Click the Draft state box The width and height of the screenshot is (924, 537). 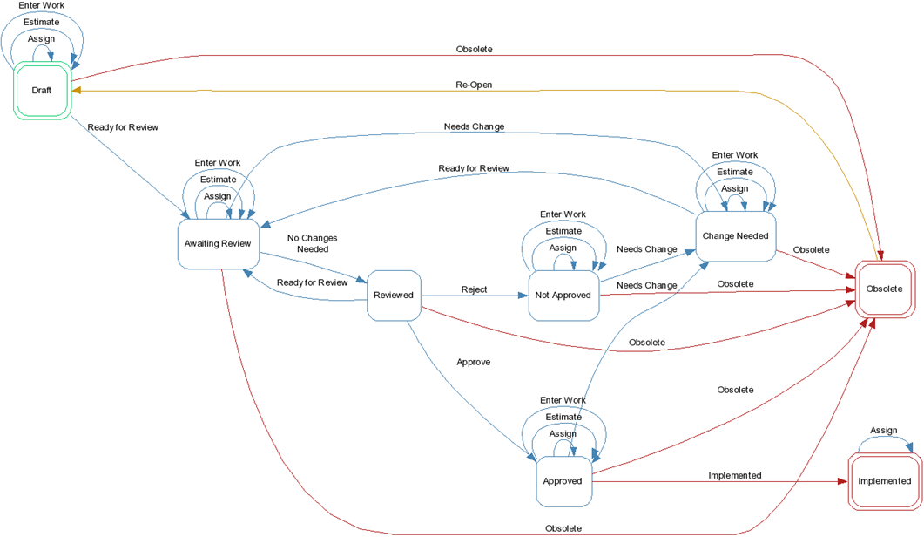pos(42,91)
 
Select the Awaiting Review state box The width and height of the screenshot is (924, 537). pos(218,243)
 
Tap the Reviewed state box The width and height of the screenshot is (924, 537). pos(394,296)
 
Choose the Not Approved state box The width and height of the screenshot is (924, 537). pos(563,296)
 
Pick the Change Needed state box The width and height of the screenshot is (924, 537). pos(735,236)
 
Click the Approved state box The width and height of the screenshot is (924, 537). pos(563,480)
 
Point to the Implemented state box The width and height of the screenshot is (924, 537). pos(884,480)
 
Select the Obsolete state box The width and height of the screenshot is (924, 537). pos(884,289)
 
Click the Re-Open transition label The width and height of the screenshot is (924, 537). pos(474,85)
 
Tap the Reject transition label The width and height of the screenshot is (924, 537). pos(474,289)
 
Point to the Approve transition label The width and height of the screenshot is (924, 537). pos(473,362)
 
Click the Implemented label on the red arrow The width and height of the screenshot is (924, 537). pos(734,475)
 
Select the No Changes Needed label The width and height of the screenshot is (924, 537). pos(312,243)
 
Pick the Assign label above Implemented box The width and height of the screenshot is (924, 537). pos(883,431)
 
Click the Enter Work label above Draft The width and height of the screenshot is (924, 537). pos(41,6)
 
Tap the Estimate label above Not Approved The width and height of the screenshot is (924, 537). pos(563,231)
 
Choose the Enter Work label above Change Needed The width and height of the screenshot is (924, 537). pos(734,155)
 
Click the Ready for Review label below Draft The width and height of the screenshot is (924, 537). pos(123,127)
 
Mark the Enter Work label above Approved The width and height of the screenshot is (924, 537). pos(563,401)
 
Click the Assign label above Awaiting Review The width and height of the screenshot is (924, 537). pos(218,196)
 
